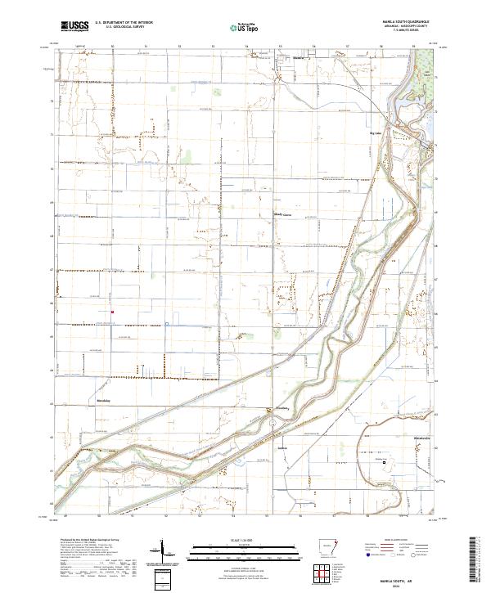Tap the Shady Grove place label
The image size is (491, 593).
[x=282, y=217]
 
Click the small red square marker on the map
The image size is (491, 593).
[x=112, y=310]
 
